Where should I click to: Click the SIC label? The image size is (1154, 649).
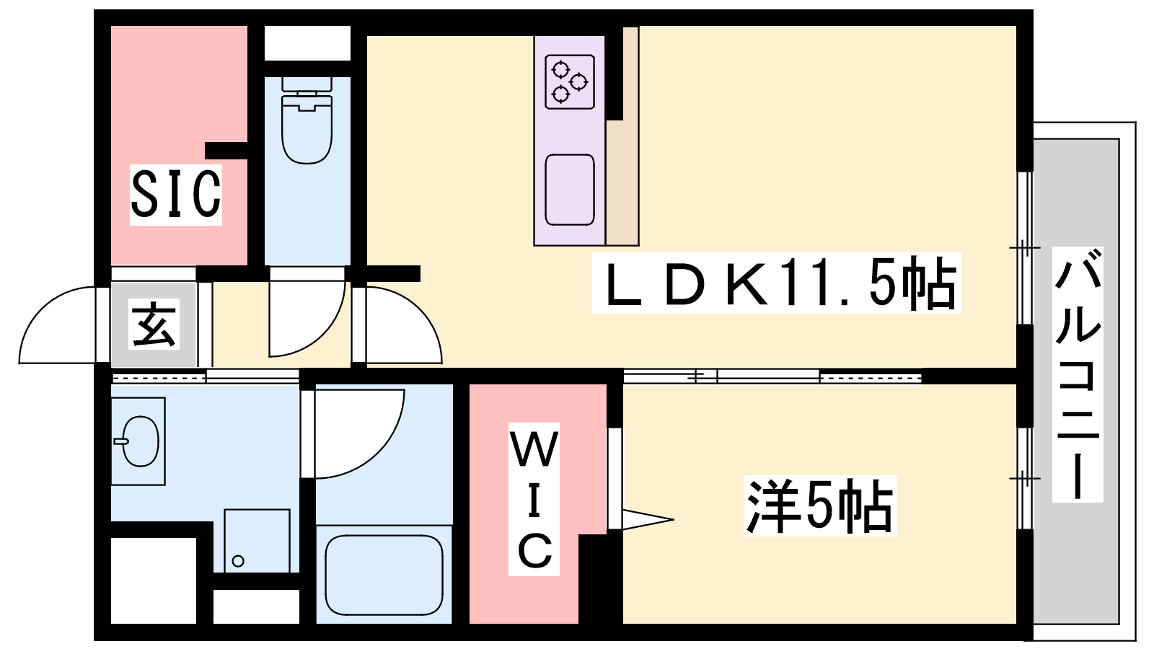(x=176, y=194)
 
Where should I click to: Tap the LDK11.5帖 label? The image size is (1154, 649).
(x=776, y=283)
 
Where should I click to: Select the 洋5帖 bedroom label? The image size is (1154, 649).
(x=819, y=505)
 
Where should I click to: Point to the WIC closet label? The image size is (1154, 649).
(x=534, y=498)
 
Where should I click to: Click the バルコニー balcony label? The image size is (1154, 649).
(x=1078, y=374)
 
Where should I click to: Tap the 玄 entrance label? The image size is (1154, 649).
(x=154, y=324)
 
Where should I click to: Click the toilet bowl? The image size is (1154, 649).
(x=307, y=131)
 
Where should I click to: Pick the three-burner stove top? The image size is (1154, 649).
(x=570, y=82)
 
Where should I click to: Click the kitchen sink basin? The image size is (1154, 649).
(x=570, y=190)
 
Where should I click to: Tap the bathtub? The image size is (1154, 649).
(x=384, y=574)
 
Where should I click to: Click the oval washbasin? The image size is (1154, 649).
(x=140, y=441)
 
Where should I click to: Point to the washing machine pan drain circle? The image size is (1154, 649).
(x=238, y=561)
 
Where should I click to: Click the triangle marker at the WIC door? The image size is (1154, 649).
(x=648, y=519)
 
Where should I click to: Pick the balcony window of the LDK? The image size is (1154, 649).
(x=1025, y=248)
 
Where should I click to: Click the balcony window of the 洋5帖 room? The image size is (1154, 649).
(x=1025, y=479)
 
